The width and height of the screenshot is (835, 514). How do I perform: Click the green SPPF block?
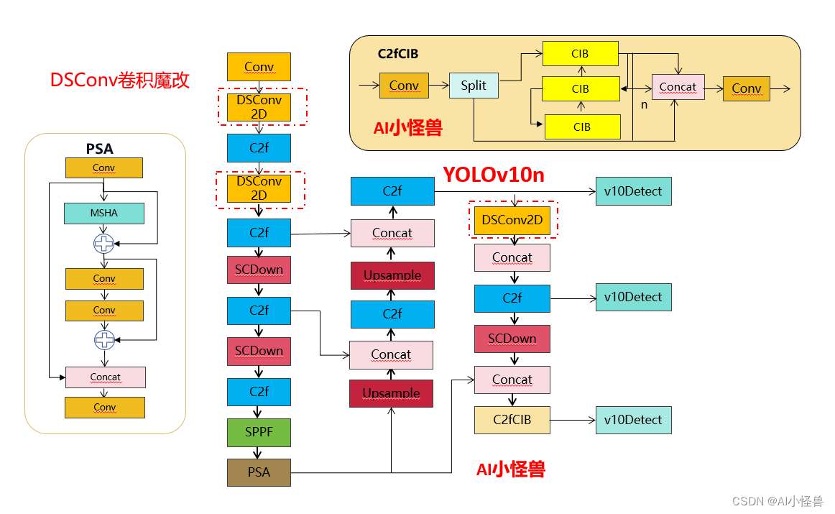(259, 433)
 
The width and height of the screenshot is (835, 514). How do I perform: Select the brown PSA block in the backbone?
(259, 472)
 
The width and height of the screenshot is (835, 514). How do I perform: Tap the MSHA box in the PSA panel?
(104, 213)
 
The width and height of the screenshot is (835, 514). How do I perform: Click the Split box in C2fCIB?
(474, 86)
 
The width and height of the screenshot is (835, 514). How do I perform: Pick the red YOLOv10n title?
(493, 175)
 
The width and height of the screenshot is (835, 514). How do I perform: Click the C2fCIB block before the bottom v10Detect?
(512, 420)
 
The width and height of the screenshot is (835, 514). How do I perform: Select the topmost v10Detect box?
(633, 191)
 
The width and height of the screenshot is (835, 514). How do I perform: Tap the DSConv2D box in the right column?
(512, 220)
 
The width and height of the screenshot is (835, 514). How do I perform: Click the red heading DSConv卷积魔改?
(120, 80)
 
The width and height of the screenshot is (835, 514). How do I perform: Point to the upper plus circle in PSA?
(104, 244)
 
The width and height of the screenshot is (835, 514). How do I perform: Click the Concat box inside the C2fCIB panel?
(678, 87)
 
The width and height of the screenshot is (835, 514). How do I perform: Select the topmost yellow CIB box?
(581, 54)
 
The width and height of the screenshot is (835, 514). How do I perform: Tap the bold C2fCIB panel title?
(398, 53)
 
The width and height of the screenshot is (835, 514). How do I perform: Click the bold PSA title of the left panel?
(100, 149)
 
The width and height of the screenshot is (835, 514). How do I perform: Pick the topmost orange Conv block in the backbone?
(259, 66)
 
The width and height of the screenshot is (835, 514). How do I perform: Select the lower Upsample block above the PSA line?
(391, 393)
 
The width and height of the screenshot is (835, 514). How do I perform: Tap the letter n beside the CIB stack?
(645, 105)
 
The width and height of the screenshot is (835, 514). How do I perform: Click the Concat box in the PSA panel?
(105, 377)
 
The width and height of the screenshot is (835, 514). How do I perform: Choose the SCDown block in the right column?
(512, 339)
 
